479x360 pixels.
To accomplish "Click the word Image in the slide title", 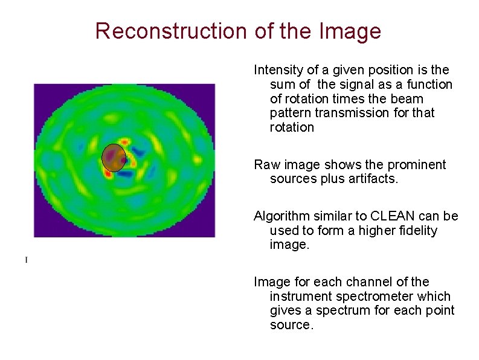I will pyautogui.click(x=352, y=31).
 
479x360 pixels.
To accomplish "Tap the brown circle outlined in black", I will pyautogui.click(x=113, y=157).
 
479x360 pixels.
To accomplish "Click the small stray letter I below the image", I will pyautogui.click(x=26, y=260).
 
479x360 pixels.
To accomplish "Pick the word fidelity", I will pyautogui.click(x=416, y=231).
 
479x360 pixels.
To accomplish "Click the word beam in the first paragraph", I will pyautogui.click(x=410, y=98).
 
